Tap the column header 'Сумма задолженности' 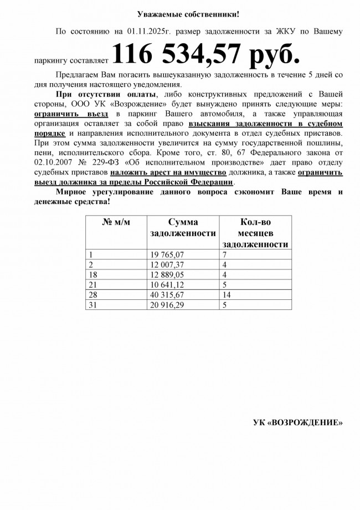183,228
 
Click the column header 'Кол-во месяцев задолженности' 255,233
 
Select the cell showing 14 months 227,294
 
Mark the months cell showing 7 224,254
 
